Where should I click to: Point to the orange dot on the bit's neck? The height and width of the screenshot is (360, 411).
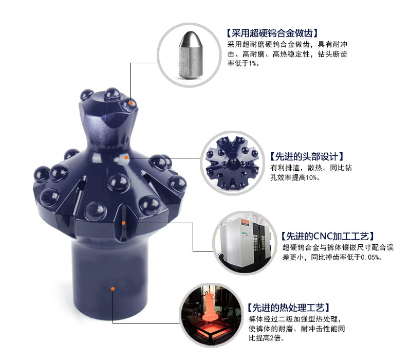(x=126, y=157)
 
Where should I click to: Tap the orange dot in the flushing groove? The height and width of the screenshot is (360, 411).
(x=123, y=223)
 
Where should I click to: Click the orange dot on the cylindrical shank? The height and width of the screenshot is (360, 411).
(x=112, y=289)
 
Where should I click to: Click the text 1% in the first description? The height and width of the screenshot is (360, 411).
(x=254, y=63)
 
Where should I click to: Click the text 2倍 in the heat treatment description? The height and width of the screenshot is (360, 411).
(x=274, y=338)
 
